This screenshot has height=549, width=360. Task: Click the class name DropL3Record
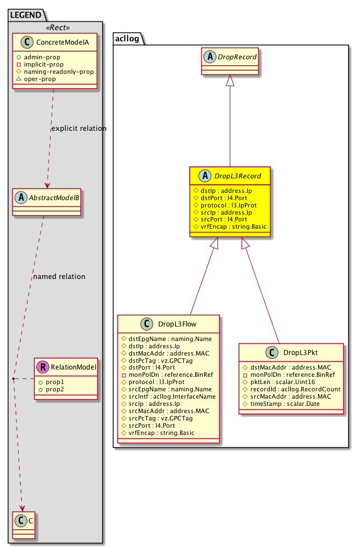[x=235, y=176]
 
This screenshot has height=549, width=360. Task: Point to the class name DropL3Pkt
[x=301, y=353]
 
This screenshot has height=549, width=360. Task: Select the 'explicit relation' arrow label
[x=79, y=129]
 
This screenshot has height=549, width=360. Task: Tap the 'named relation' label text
[x=59, y=276]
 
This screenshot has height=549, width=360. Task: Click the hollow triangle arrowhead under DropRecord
[x=230, y=81]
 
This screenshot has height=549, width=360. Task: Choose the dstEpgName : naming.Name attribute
[x=159, y=338]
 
